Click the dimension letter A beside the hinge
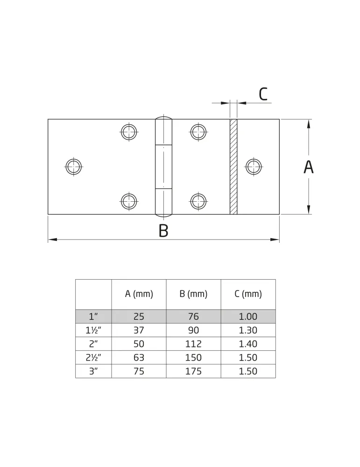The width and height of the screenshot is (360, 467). [309, 167]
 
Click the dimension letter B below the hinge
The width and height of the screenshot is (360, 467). [163, 231]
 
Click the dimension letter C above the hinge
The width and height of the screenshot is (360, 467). [263, 94]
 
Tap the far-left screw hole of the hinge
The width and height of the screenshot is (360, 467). [74, 167]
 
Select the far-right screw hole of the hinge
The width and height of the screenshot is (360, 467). [254, 167]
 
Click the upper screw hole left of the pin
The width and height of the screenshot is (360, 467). [129, 132]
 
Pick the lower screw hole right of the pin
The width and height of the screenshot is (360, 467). [198, 201]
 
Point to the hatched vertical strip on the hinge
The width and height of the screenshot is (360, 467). [233, 167]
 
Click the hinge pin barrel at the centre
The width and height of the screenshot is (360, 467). [163, 167]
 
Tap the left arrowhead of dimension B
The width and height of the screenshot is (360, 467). [52, 240]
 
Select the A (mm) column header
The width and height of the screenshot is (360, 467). [139, 294]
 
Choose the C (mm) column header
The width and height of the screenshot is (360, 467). [248, 294]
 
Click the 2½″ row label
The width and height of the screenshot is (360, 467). [93, 357]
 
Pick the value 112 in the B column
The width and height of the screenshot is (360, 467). [194, 344]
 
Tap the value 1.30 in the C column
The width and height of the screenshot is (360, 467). [248, 330]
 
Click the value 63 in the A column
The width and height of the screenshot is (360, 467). [139, 357]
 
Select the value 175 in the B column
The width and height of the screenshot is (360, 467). [194, 371]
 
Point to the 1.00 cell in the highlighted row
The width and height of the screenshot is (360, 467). [248, 317]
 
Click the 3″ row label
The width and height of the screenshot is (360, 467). [93, 371]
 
